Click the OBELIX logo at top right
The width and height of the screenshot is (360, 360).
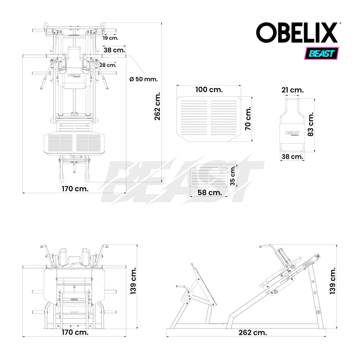click(x=297, y=33)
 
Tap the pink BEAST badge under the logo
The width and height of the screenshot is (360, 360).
click(x=322, y=54)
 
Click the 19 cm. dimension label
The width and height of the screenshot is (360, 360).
click(x=110, y=38)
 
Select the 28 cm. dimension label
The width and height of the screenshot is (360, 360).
click(x=108, y=65)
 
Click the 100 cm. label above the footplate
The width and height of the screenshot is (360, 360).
click(x=209, y=90)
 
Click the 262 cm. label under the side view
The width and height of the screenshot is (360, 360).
click(x=252, y=333)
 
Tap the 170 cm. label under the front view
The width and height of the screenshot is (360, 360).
click(x=75, y=333)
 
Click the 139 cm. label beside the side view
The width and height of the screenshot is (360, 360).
click(x=333, y=279)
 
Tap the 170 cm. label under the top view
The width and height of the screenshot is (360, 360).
click(x=75, y=189)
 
